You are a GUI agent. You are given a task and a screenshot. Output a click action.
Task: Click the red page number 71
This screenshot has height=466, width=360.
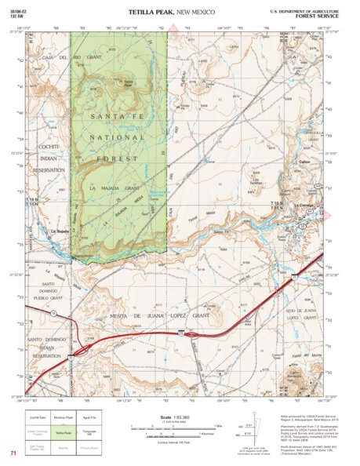coord(13,453)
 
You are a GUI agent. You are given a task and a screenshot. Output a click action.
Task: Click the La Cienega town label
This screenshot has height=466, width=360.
coord(306,206)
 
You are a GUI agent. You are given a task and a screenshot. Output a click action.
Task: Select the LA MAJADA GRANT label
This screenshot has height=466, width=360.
coord(115,188)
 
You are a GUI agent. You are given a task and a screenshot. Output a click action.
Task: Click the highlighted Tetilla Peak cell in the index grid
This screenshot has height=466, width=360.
coord(84,432)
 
